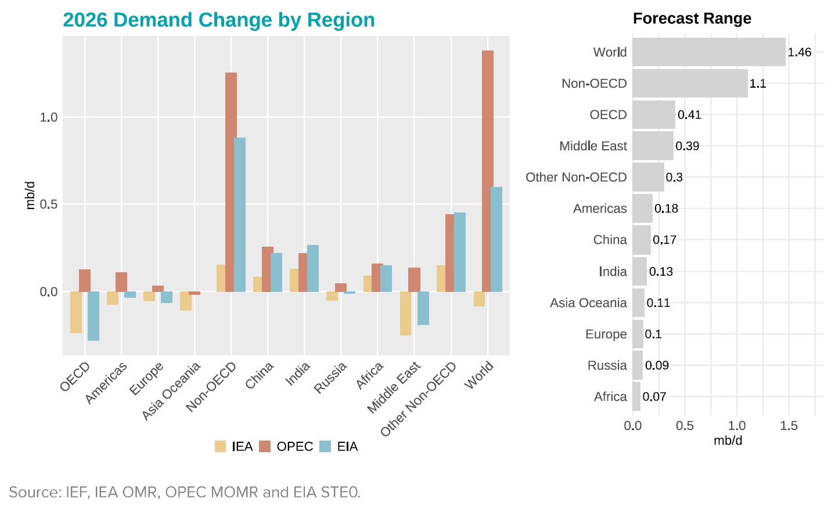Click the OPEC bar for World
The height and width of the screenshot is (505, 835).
coord(488,171)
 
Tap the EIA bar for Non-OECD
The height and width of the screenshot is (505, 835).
coord(240,214)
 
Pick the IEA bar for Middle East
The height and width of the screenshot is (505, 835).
coord(405,313)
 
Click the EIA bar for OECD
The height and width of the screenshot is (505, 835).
coord(93,316)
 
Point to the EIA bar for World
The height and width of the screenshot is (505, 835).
coord(496,239)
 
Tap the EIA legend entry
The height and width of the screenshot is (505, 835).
coord(339,446)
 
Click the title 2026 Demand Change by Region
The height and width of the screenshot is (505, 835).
coord(219,20)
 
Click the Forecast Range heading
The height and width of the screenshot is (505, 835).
coord(692,19)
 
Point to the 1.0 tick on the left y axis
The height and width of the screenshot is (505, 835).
coord(49,117)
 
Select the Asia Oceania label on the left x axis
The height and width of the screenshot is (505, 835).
coord(171,390)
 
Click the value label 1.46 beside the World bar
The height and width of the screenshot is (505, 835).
coord(799,52)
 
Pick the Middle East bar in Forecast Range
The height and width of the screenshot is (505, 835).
coord(653,146)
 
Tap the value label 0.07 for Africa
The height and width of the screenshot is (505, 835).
coord(654,397)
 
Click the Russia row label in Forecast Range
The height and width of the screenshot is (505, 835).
coord(607,366)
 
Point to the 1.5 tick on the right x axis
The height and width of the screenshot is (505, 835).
coord(789,426)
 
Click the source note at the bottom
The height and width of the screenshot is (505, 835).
coord(185,492)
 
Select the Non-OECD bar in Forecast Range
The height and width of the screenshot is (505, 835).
coord(690,84)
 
